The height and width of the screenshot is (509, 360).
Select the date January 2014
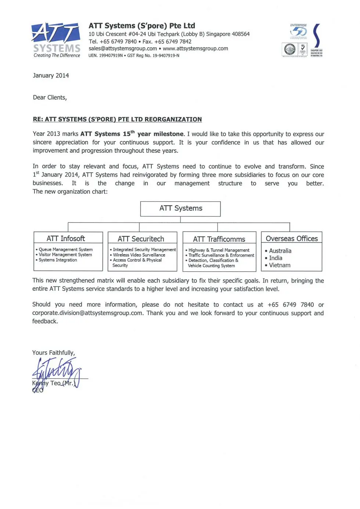point(51,76)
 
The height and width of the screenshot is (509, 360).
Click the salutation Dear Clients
point(50,98)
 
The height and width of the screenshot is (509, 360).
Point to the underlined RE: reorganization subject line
point(117,119)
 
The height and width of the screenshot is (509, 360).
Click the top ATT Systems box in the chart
point(180,209)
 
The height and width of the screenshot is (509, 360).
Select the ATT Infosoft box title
point(66,239)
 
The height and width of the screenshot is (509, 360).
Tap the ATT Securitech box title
point(141,239)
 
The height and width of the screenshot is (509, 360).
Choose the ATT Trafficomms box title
point(219,239)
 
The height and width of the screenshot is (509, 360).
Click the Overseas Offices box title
point(292,239)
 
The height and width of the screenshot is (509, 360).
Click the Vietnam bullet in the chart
point(280,265)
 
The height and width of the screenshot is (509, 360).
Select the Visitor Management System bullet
point(65,255)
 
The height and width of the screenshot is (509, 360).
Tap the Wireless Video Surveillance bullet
point(139,255)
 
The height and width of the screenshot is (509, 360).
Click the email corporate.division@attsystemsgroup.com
point(87,313)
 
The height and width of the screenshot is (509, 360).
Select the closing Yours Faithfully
point(54,353)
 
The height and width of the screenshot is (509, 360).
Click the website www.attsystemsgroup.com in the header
point(195,48)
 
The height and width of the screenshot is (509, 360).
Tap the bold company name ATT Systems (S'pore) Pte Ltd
point(142,26)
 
